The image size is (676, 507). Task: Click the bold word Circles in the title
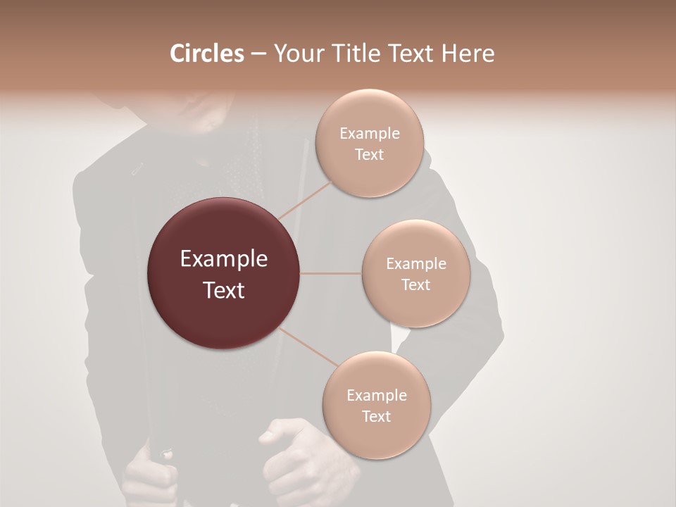point(206,54)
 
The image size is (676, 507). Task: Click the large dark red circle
point(223,273)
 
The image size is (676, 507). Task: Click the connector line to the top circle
point(306,199)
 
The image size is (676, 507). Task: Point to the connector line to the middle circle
point(331,273)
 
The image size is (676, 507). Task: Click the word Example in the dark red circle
point(224,259)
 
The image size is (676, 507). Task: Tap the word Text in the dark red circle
point(224,290)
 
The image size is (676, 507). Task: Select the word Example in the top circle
point(370,134)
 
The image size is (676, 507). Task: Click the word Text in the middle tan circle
point(415,285)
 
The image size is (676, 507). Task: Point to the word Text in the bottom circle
point(376,416)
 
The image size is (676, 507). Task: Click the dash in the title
point(258,54)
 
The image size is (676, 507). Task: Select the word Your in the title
point(296,54)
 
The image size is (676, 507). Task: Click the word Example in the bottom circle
point(377,396)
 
